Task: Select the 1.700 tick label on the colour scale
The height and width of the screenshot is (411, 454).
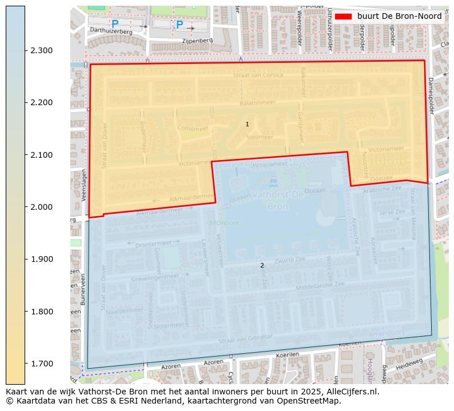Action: pos(42,364)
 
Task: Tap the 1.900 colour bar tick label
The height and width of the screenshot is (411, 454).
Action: pos(42,259)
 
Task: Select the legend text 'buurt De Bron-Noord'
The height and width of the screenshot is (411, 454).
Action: pos(399,16)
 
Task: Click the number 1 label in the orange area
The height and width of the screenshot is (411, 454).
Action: pos(247,124)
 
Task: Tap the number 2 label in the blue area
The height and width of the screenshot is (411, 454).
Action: pos(262,265)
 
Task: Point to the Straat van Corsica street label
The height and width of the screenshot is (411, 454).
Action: pos(257,75)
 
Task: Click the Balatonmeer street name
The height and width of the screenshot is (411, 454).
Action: pos(257,103)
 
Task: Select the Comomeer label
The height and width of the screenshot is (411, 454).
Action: pos(193,129)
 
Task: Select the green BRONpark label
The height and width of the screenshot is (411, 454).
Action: pos(224,223)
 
